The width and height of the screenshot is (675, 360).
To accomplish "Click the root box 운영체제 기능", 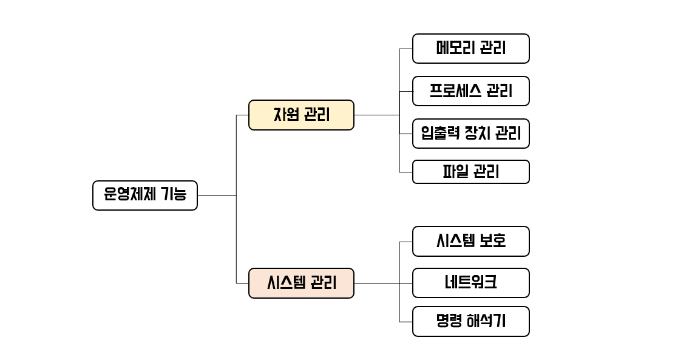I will click(x=144, y=195).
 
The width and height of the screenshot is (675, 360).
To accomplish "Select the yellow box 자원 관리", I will click(x=301, y=115).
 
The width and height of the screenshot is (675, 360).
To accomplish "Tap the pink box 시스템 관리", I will click(x=301, y=283).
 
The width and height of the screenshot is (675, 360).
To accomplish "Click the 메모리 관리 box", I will click(x=470, y=49).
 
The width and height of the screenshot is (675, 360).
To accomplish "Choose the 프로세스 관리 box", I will click(x=470, y=91).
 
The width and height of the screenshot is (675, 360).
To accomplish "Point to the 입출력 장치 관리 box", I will click(x=470, y=133).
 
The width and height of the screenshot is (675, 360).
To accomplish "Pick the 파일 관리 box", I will click(x=470, y=172).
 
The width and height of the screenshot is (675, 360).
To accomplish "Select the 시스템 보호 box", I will click(x=470, y=242).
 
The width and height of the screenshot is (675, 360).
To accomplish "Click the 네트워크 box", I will click(x=470, y=283).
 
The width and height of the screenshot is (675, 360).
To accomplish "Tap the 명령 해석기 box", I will click(x=470, y=322).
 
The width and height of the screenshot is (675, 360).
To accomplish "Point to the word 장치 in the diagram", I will click(x=475, y=133).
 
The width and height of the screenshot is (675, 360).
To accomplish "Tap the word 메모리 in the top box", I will click(x=455, y=49).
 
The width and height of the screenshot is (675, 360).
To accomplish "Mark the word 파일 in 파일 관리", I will click(x=455, y=172).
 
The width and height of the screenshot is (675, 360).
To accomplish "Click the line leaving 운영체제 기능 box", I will click(x=216, y=196).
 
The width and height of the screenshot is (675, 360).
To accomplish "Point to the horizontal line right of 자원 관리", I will click(x=376, y=115).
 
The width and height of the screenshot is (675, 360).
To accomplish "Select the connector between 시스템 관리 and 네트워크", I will click(x=376, y=284).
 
